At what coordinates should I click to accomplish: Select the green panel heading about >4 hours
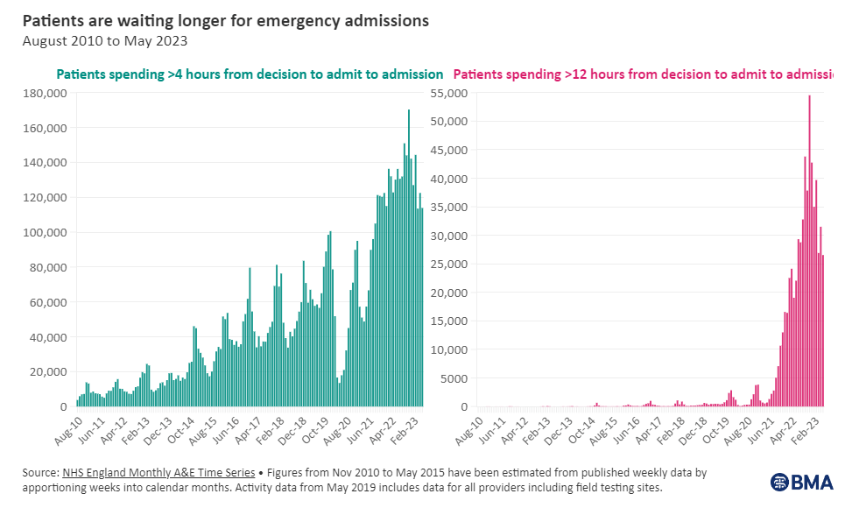250,74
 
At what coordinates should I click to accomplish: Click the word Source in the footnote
39,473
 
